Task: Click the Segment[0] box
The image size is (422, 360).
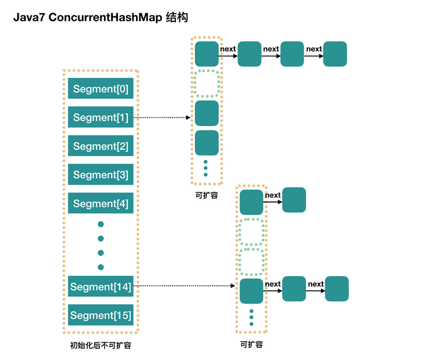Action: tap(101, 89)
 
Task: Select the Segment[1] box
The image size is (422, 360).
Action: tap(101, 117)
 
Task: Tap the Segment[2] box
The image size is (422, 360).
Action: tap(101, 146)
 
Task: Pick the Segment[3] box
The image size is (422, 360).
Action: tap(101, 175)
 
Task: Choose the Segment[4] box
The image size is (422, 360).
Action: tap(101, 204)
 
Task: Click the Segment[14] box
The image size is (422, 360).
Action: tap(101, 287)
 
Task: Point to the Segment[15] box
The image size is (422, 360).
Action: tap(101, 315)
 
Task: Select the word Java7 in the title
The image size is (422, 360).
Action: tap(29, 18)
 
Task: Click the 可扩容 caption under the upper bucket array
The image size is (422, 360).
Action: tap(206, 195)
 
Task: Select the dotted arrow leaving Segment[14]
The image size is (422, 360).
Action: tap(185, 286)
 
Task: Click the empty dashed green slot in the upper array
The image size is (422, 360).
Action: tap(206, 83)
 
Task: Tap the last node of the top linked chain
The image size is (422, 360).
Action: tap(335, 54)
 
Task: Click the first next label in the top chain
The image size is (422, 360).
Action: tap(228, 49)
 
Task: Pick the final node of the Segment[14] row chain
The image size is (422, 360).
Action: tap(336, 289)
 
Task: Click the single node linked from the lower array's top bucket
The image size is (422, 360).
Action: tap(293, 199)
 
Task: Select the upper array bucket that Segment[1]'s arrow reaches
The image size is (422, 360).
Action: tap(206, 114)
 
